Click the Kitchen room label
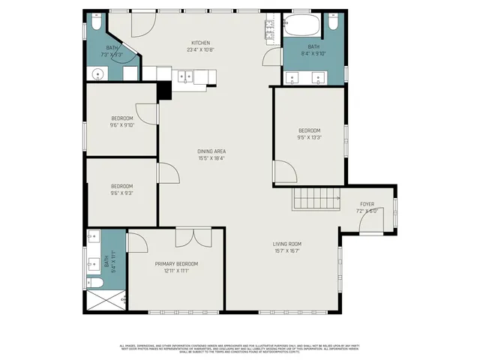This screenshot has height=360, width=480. tap(200, 43)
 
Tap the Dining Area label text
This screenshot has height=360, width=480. tap(211, 151)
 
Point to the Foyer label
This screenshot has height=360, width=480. tap(367, 204)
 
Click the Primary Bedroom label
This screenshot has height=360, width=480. tap(176, 264)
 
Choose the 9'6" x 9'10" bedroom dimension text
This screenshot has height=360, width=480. tap(122, 125)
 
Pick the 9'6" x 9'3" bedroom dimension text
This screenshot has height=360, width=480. tap(122, 193)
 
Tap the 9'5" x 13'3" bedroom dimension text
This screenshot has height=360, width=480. tap(308, 137)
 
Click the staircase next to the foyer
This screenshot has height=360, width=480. tap(310, 199)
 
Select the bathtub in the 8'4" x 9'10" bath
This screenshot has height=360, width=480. tap(303, 27)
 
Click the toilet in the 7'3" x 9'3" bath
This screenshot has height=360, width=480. tap(94, 25)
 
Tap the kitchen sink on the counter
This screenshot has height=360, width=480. tap(184, 75)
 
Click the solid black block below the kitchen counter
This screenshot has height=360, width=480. tap(165, 89)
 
